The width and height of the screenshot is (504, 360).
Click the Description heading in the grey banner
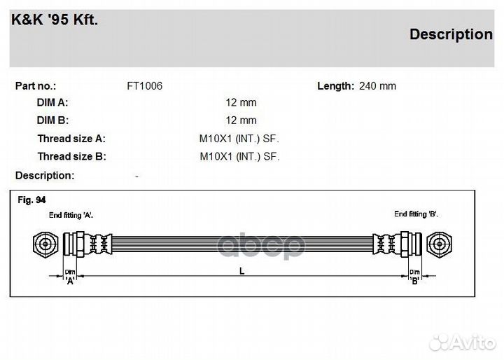pos(450,34)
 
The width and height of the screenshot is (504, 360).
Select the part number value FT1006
pos(144,86)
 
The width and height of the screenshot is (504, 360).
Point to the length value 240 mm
pos(377,86)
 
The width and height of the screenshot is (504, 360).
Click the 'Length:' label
pos(335,86)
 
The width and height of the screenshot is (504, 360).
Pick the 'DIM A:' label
pos(52,102)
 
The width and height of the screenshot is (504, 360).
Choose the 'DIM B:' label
pos(52,120)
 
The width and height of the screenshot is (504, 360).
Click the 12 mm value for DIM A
pos(241,102)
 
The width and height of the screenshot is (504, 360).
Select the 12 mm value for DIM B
pos(241,120)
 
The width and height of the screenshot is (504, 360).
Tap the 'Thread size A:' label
pos(71,139)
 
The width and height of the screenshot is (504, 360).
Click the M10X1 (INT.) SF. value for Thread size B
pos(239,157)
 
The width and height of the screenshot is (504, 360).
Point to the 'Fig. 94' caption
pos(30,200)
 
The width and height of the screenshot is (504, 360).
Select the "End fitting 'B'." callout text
pos(416,214)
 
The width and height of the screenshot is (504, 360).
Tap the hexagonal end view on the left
pos(44,244)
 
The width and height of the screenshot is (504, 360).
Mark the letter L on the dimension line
pos(241,272)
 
